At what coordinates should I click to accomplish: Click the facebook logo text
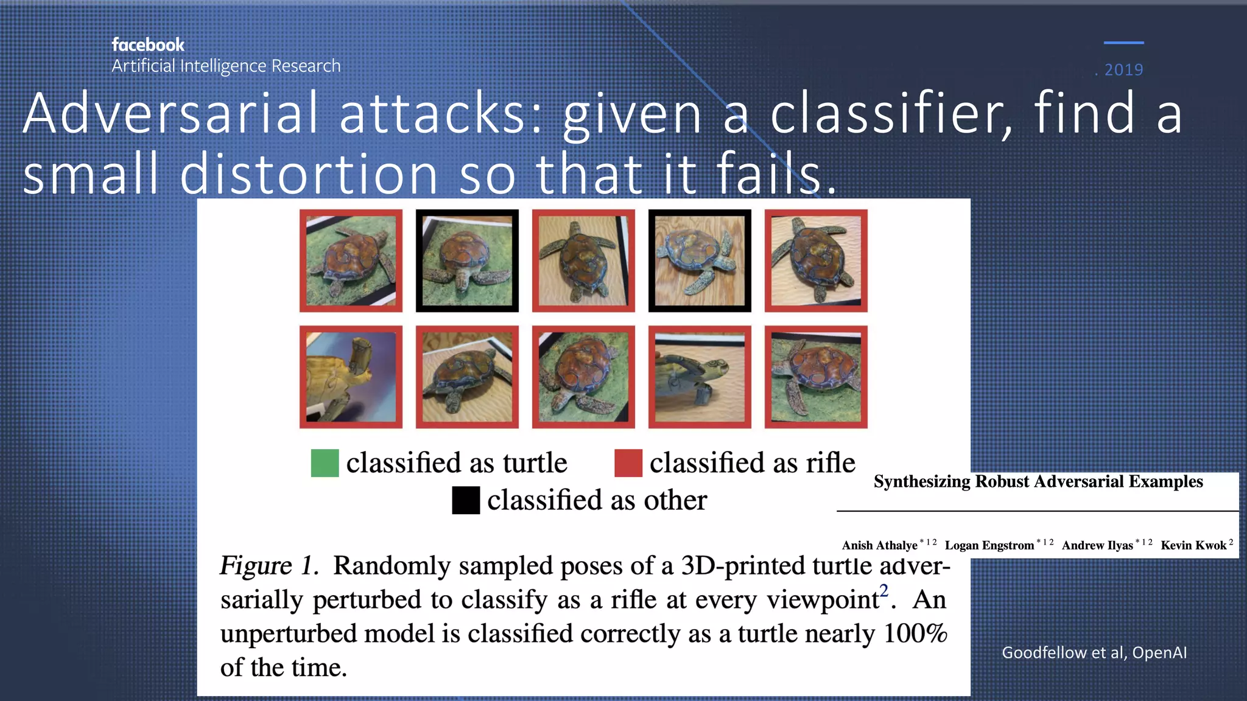[x=148, y=45]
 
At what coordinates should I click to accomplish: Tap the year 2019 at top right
[x=1123, y=70]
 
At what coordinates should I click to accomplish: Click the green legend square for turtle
[x=325, y=463]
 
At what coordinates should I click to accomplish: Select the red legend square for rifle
[x=628, y=463]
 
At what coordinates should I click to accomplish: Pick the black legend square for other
[x=466, y=500]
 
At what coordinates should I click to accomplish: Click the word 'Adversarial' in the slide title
[x=171, y=113]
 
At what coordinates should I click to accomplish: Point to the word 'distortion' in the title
[x=309, y=174]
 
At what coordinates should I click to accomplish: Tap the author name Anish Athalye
[x=879, y=545]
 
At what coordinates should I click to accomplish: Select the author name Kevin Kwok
[x=1193, y=545]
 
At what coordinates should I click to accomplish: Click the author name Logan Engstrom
[x=989, y=545]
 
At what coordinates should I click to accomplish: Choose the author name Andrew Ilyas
[x=1097, y=545]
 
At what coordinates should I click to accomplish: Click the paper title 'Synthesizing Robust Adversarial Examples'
[x=1038, y=481]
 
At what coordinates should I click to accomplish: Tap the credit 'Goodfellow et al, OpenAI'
[x=1094, y=652]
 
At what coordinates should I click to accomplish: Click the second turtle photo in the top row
[x=467, y=260]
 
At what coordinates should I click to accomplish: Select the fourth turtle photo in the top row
[x=700, y=260]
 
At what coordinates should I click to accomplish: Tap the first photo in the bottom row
[x=351, y=377]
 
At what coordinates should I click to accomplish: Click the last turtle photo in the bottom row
[x=816, y=377]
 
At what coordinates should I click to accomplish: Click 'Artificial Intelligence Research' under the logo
[x=226, y=66]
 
